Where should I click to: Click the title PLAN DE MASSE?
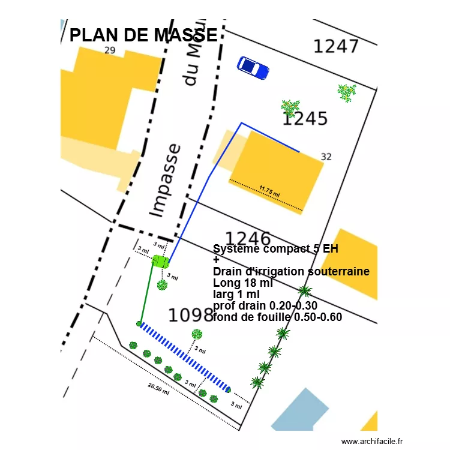(x=143, y=35)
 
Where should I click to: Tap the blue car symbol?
(x=253, y=67)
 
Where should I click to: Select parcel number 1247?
(x=336, y=46)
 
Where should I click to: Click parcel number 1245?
(x=306, y=119)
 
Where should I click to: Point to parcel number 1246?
(x=247, y=239)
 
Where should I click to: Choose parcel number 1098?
(x=191, y=315)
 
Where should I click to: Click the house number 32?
(x=326, y=157)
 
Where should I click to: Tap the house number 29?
(x=109, y=50)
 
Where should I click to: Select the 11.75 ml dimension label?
(x=269, y=192)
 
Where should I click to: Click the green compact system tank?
(x=160, y=262)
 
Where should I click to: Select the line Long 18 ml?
(x=242, y=283)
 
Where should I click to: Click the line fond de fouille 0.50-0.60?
(x=277, y=317)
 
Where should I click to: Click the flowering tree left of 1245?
(x=290, y=108)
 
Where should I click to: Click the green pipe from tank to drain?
(x=146, y=294)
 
